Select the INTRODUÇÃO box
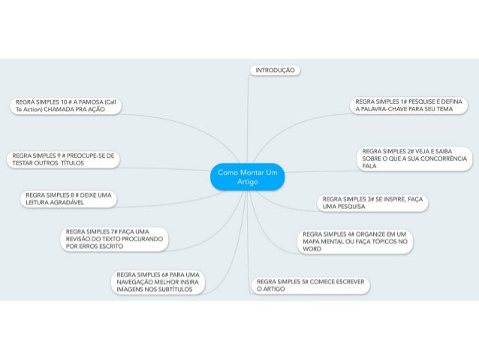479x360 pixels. (275, 70)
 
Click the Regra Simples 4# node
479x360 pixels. (356, 241)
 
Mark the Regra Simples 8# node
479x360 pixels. (68, 198)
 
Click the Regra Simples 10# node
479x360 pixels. (65, 105)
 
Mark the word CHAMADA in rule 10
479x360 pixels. (62, 110)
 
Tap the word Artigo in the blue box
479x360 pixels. (247, 182)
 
